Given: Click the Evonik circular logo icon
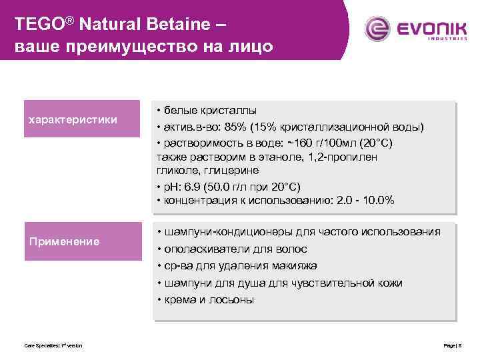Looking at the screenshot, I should [377, 29].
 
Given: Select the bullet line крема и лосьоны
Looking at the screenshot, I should [207, 299].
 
